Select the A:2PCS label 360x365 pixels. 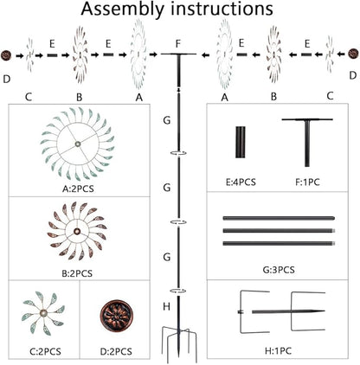pos(78,189)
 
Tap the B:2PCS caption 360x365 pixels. pos(77,273)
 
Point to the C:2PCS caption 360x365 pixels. pos(46,352)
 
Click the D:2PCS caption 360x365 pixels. pos(116,352)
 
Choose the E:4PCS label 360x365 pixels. pos(241,182)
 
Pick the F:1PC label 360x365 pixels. pos(307,182)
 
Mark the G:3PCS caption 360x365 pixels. pos(279,270)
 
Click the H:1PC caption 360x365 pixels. pos(278,351)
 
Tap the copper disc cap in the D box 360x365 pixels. pos(117,317)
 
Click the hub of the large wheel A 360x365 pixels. pos(77,144)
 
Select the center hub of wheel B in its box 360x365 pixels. pos(77,231)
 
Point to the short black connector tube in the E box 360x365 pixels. pos(241,142)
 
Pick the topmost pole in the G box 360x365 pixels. pos(279,218)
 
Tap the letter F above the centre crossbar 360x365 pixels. pos(178,44)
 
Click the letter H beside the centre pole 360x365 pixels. pos(166,306)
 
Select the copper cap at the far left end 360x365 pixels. pos(6,55)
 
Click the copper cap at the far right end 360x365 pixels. pos(353,54)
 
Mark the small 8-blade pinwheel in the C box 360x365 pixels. pos(43,313)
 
